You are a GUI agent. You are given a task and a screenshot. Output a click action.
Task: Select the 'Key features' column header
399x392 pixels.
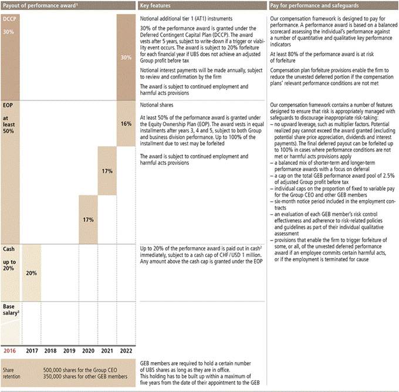point(156,6)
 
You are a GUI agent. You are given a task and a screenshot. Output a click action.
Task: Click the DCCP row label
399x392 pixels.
point(10,20)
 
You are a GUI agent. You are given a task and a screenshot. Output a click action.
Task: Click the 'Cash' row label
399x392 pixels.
point(9,249)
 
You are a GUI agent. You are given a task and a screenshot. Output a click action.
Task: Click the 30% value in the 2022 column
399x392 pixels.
point(126,58)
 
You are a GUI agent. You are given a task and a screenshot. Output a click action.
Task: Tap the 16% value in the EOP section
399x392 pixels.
point(126,124)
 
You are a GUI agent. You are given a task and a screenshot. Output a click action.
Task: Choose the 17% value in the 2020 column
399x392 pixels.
point(87,219)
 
